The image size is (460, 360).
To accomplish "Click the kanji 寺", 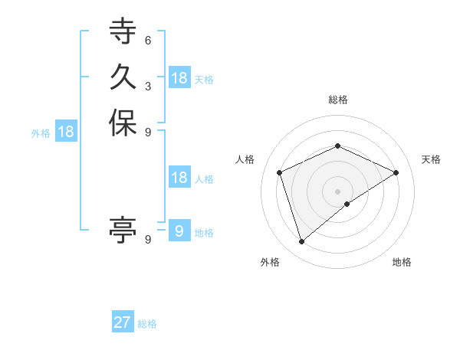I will (123, 32).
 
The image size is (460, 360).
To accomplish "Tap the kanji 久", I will (123, 77).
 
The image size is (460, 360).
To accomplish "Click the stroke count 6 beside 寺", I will (147, 41).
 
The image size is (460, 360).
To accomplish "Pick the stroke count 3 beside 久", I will (147, 86).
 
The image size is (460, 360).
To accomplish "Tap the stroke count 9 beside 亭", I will (147, 240).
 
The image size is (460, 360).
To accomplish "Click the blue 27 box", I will (123, 322).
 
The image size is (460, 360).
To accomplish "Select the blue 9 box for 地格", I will (179, 231).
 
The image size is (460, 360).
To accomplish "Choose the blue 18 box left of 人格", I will (179, 178).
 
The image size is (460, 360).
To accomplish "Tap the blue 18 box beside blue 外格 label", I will (66, 132).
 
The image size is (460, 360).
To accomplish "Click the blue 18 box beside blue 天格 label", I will (179, 78).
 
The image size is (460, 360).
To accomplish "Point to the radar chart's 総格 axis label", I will (337, 100).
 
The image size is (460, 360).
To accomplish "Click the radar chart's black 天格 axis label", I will (431, 159).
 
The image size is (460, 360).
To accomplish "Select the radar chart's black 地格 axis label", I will (402, 262).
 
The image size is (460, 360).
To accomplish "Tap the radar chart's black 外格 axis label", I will (270, 262).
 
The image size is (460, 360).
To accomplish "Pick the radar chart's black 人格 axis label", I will (245, 159).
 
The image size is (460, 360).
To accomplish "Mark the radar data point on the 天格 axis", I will (396, 172).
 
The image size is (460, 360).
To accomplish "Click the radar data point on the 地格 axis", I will (347, 204).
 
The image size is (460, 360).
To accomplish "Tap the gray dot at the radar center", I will (337, 191).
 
